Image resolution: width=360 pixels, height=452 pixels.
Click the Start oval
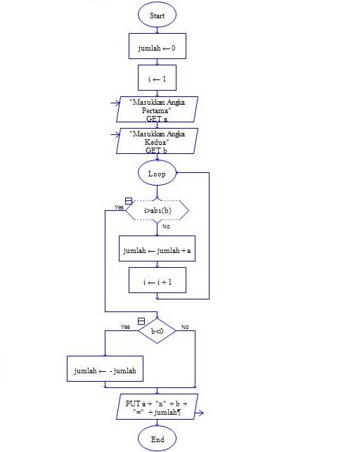point(157,14)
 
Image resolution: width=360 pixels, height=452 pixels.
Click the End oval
point(157,439)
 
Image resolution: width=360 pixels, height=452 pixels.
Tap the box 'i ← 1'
point(157,79)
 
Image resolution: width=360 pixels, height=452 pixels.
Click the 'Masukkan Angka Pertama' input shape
point(157,110)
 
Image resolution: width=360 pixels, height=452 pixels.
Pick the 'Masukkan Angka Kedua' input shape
point(157,141)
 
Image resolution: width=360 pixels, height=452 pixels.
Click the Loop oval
point(157,172)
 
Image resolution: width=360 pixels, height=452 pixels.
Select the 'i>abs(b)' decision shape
point(157,210)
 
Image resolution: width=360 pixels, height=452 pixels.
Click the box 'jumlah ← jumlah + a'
point(157,249)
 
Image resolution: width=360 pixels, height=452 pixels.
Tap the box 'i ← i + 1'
point(157,280)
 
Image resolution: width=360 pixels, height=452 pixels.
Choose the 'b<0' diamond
point(157,330)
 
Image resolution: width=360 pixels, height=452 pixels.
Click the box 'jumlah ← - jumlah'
point(105,369)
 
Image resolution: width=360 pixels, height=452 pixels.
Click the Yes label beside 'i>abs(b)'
point(119,207)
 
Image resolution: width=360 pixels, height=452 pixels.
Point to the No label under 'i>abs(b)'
point(166,226)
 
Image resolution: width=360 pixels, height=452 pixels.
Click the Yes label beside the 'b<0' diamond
point(125,327)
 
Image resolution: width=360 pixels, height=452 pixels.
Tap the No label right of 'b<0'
point(185,327)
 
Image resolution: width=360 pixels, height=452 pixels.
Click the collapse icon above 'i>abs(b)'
point(129,201)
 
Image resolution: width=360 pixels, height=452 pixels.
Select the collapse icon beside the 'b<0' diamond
point(141,321)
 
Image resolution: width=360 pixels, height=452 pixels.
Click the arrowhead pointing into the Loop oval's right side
point(179,172)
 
